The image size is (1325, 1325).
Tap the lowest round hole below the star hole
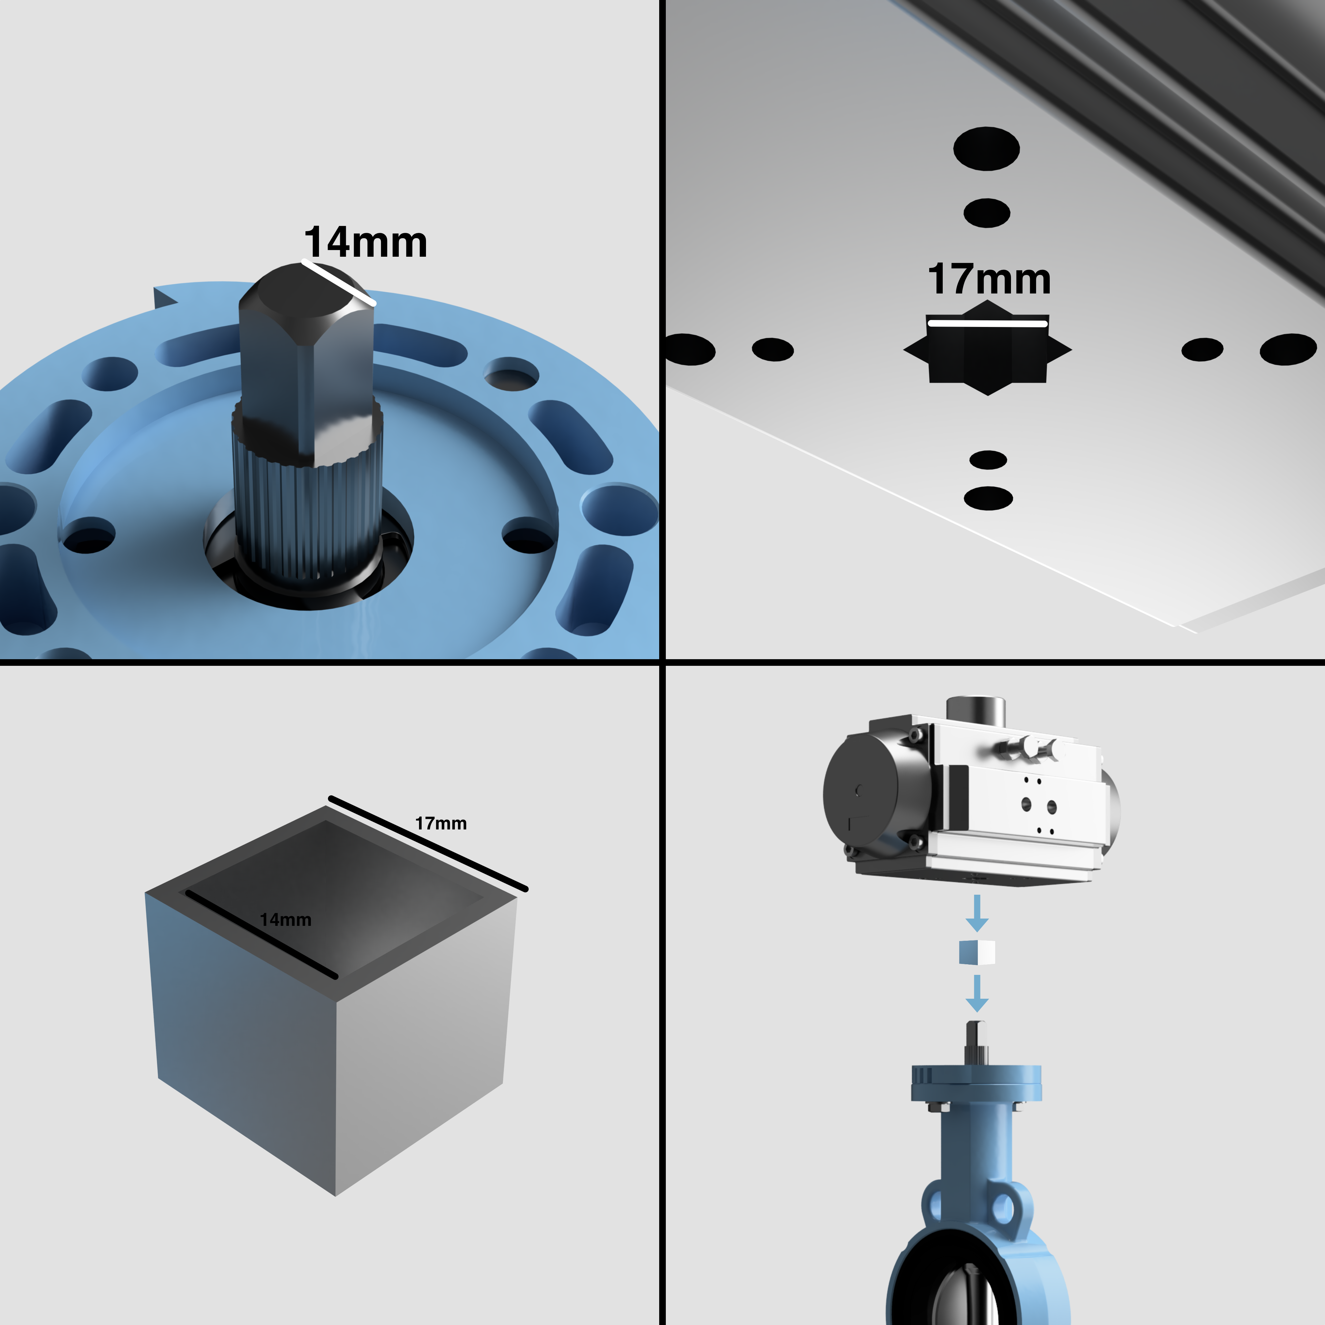(988, 498)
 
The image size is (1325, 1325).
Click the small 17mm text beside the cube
(441, 823)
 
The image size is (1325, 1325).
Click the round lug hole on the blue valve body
(1003, 1207)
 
